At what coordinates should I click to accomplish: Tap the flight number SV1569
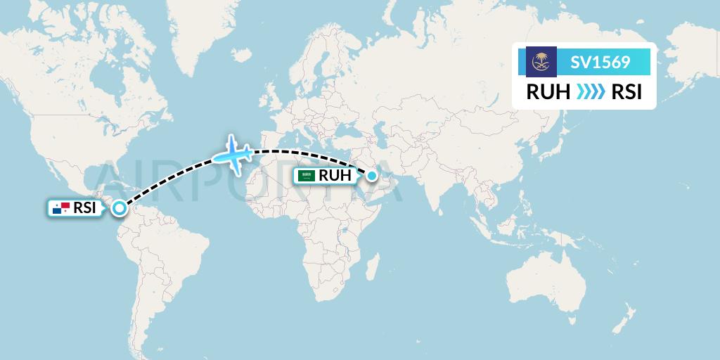click(x=600, y=62)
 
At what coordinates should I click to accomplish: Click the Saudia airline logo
click(x=541, y=62)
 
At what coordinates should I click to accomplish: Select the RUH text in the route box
click(x=548, y=92)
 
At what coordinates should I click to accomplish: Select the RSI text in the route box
click(x=626, y=92)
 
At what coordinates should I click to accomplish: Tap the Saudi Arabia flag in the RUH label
click(x=306, y=176)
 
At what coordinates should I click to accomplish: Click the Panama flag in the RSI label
click(x=61, y=208)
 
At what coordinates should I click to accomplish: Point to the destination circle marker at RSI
click(x=120, y=207)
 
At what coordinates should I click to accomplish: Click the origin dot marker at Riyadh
click(x=371, y=175)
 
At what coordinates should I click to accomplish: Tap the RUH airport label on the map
click(x=333, y=176)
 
